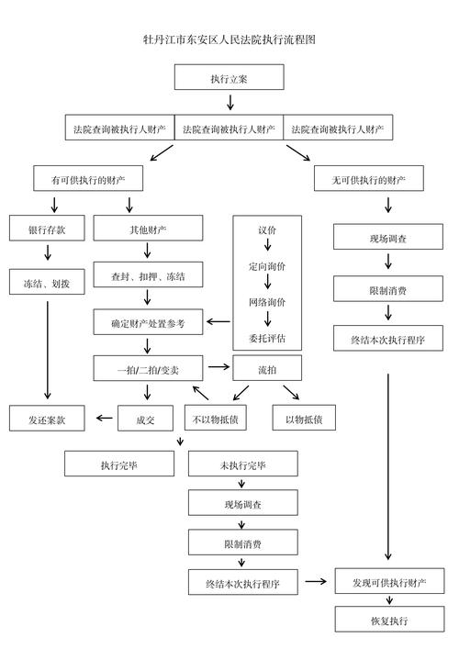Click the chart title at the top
[229, 39]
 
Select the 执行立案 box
[229, 78]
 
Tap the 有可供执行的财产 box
[89, 178]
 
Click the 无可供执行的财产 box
[369, 178]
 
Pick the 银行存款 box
[47, 228]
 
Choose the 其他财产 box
[148, 228]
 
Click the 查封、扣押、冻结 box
[148, 275]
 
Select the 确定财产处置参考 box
[148, 322]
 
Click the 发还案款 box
[47, 419]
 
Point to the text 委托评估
[267, 337]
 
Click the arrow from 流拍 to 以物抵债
[291, 393]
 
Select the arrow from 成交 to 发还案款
[101, 420]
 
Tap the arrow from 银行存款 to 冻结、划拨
[47, 254]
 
